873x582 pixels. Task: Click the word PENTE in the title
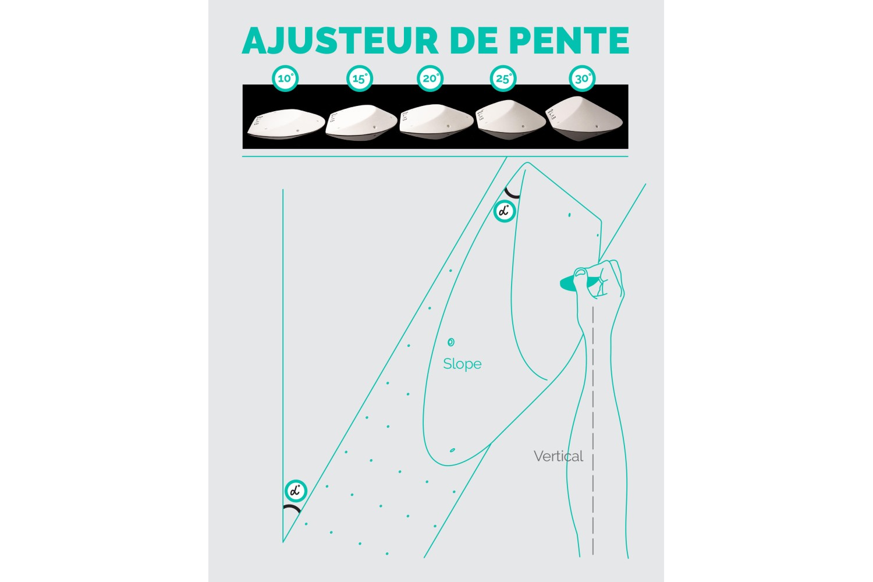pos(569,40)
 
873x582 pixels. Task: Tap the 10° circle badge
pos(285,79)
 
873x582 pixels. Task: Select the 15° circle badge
pos(360,79)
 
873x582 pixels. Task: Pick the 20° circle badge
pos(430,79)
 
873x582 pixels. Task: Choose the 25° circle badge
pos(503,79)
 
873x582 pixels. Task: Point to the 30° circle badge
pos(582,79)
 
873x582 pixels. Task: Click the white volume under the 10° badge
pos(286,124)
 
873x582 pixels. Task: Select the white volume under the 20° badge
pos(436,122)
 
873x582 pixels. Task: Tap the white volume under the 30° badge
pos(584,119)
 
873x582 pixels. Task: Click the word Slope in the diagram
pos(462,364)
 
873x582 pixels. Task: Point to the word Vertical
pos(559,456)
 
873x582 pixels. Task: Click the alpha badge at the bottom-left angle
pos(296,491)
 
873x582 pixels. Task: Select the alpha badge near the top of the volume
pos(505,211)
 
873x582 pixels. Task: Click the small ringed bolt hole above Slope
pos(451,342)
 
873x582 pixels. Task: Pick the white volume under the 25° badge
pos(510,120)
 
